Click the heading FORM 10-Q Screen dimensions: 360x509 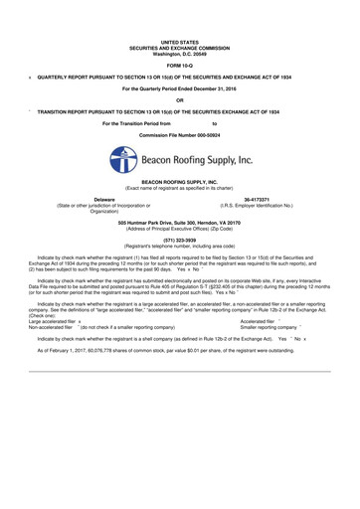[x=179, y=66]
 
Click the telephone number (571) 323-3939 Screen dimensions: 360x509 [x=179, y=240]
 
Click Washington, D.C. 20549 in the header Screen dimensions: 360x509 [x=179, y=54]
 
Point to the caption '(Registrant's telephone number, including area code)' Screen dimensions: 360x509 [x=179, y=246]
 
